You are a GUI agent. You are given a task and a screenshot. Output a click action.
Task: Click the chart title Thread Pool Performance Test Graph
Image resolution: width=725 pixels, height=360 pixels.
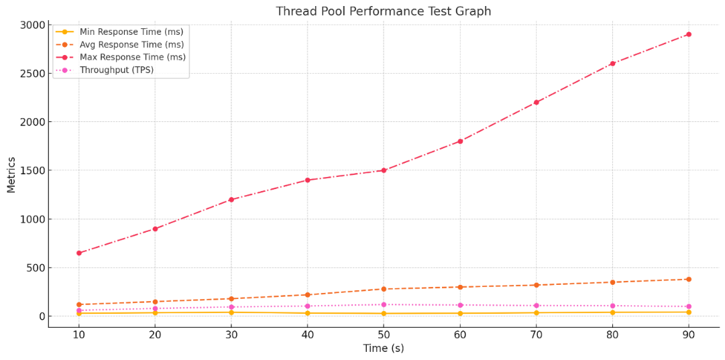click(x=384, y=11)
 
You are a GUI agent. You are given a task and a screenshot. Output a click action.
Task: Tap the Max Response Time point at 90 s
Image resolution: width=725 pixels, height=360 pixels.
click(x=688, y=34)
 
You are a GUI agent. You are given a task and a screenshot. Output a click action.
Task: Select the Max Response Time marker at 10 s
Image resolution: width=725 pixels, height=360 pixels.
click(x=78, y=253)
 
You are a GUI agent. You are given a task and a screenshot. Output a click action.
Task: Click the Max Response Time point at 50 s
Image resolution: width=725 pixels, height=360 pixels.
click(x=384, y=170)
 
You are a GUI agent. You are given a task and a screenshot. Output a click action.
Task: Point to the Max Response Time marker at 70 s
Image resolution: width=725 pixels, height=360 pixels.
click(x=536, y=102)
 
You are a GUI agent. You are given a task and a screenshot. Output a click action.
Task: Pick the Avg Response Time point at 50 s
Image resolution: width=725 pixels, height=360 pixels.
click(x=384, y=289)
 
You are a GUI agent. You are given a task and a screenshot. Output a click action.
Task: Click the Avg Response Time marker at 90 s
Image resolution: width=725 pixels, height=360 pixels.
click(x=688, y=279)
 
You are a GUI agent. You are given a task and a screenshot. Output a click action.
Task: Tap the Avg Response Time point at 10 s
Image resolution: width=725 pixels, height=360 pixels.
click(x=78, y=304)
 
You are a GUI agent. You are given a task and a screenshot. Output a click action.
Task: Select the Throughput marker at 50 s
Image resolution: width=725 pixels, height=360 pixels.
click(x=384, y=304)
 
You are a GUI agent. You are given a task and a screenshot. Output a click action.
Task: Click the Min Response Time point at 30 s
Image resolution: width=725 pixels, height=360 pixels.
click(x=231, y=312)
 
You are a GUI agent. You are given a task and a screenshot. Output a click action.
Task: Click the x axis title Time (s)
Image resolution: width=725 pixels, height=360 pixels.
click(x=384, y=349)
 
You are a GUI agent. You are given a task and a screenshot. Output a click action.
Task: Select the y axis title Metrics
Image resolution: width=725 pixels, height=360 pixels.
click(x=11, y=174)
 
